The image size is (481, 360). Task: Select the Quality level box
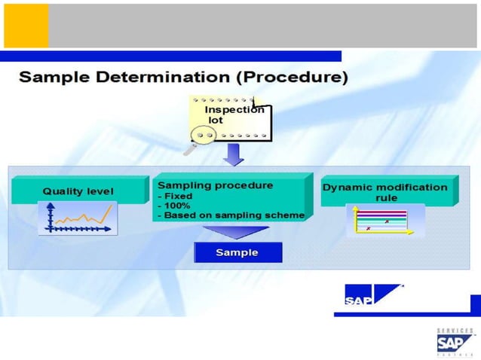coord(78,191)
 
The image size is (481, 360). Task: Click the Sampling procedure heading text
coord(216,185)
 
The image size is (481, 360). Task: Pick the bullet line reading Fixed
coord(178,196)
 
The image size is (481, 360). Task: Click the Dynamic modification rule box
coord(386,191)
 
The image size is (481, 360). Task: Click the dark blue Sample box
coord(237,252)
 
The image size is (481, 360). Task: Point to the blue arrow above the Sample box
coord(237,232)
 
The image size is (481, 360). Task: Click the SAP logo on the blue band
coord(374,295)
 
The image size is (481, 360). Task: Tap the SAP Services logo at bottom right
coord(455,343)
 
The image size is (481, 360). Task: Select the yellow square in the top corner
coord(26,26)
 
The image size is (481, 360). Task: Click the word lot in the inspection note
coord(216,121)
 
